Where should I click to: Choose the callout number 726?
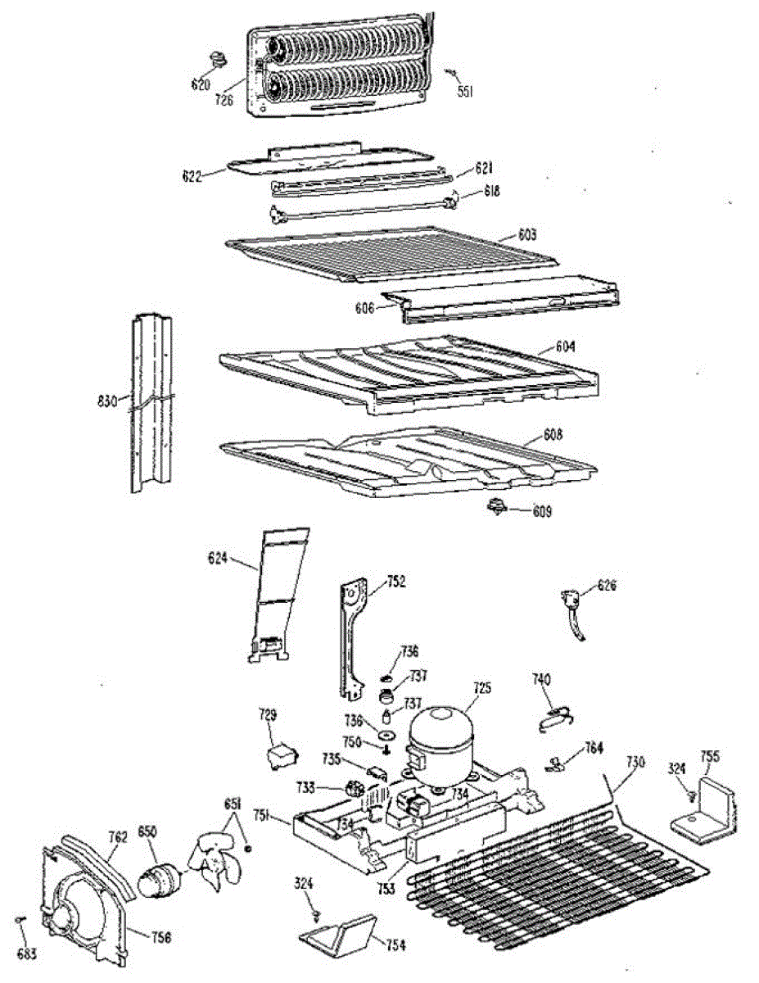(224, 101)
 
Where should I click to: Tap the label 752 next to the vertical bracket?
(396, 582)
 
